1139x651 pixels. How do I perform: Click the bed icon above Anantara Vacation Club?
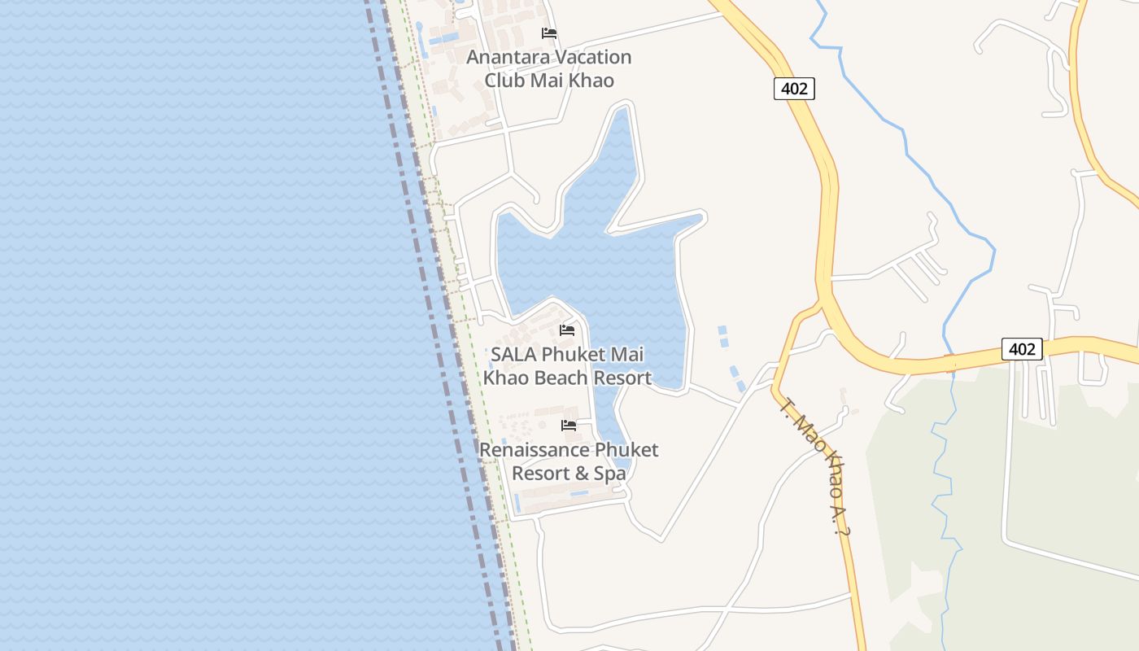pyautogui.click(x=549, y=33)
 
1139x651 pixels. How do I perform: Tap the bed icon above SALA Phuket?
pyautogui.click(x=567, y=330)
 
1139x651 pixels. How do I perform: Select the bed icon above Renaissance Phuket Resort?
pyautogui.click(x=569, y=426)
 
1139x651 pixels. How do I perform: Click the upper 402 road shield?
pyautogui.click(x=793, y=89)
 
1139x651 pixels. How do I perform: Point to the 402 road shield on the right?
pyautogui.click(x=1021, y=349)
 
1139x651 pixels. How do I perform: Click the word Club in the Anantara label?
pyautogui.click(x=504, y=80)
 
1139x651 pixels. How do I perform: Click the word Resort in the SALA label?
pyautogui.click(x=622, y=378)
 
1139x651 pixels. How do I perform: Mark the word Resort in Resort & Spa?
pyautogui.click(x=540, y=473)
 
